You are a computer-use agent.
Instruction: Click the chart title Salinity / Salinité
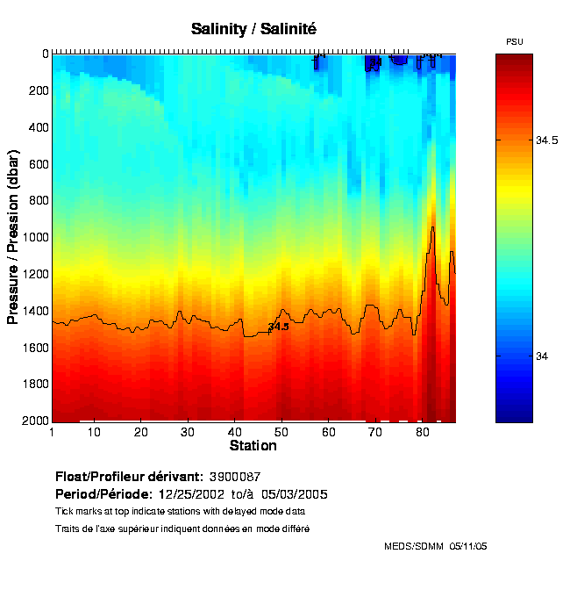click(x=253, y=29)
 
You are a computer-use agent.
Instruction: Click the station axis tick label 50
click(x=281, y=432)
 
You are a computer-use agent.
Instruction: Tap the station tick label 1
click(x=53, y=432)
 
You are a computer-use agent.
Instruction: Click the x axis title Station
click(x=253, y=446)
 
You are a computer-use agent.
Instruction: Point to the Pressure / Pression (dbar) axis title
click(x=13, y=237)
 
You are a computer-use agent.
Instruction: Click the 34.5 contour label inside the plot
click(x=278, y=327)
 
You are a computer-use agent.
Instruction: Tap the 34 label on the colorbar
click(x=543, y=356)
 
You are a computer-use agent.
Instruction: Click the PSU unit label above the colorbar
click(x=514, y=41)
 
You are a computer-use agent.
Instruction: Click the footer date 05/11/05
click(x=467, y=546)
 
